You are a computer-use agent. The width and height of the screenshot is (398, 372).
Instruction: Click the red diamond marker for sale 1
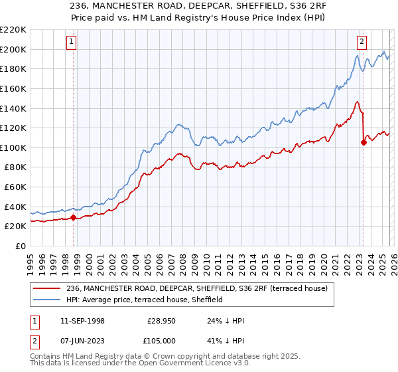coord(73,217)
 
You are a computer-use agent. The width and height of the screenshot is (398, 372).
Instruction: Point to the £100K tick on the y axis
coord(13,147)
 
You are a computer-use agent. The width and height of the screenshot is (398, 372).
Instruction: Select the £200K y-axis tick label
coord(13,49)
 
